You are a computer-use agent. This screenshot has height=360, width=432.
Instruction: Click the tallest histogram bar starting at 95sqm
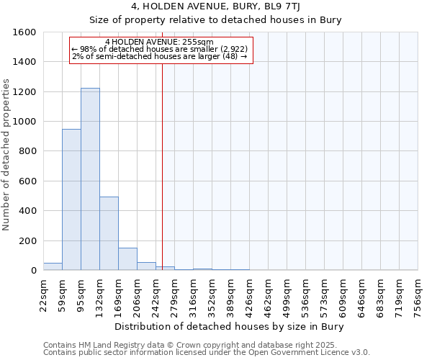90,179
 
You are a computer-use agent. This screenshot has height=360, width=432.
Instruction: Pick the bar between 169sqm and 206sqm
127,259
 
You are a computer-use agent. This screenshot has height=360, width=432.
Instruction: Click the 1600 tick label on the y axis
25,32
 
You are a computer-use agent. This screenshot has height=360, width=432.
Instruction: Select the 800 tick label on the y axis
28,151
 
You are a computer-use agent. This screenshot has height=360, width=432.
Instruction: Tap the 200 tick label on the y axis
28,240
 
